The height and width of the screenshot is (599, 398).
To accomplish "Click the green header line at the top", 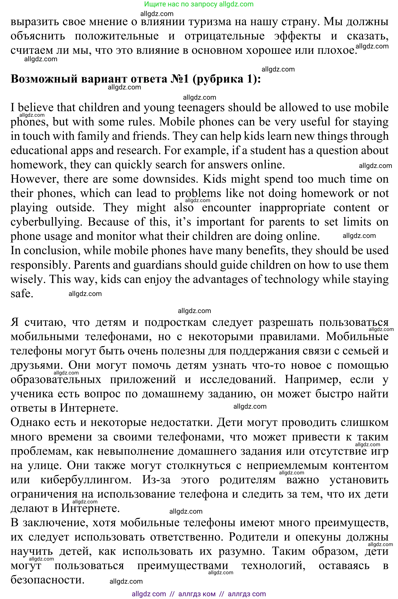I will click(199, 4).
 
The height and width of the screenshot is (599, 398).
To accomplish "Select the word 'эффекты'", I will click(297, 36).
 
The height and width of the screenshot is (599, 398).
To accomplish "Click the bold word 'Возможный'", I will click(44, 79).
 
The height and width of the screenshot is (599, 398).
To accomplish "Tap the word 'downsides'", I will click(171, 179).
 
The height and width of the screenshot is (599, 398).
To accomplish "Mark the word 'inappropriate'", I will click(292, 208).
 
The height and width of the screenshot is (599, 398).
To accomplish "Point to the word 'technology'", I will click(291, 279).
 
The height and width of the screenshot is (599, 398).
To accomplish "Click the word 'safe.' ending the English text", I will click(22, 294).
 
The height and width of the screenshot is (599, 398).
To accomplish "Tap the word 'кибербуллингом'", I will click(86, 480).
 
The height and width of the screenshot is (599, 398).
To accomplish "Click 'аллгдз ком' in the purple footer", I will click(197, 594).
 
